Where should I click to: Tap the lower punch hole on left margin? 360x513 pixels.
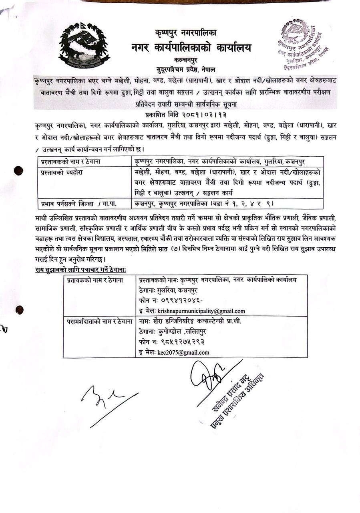(x=19, y=310)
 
